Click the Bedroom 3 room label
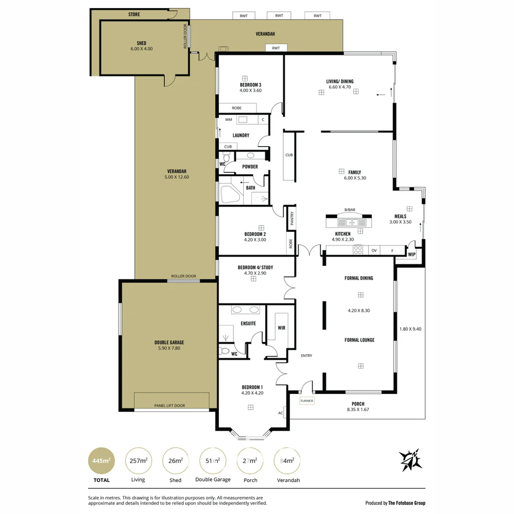[x=250, y=85]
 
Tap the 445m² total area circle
[x=101, y=461]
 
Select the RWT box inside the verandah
[x=276, y=48]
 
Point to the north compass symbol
[x=410, y=460]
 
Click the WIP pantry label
[x=412, y=255]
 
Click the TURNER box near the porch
[x=306, y=401]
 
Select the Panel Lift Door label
[x=169, y=405]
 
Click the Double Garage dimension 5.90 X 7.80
[x=169, y=348]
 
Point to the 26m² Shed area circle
[x=176, y=461]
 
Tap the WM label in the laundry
[x=228, y=119]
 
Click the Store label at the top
[x=134, y=15]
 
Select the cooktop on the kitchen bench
[x=357, y=250]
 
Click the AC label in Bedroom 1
[x=280, y=413]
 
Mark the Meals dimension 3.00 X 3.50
[x=400, y=222]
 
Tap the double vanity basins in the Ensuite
[x=246, y=310]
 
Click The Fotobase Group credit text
[x=407, y=503]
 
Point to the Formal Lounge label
[x=359, y=340]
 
